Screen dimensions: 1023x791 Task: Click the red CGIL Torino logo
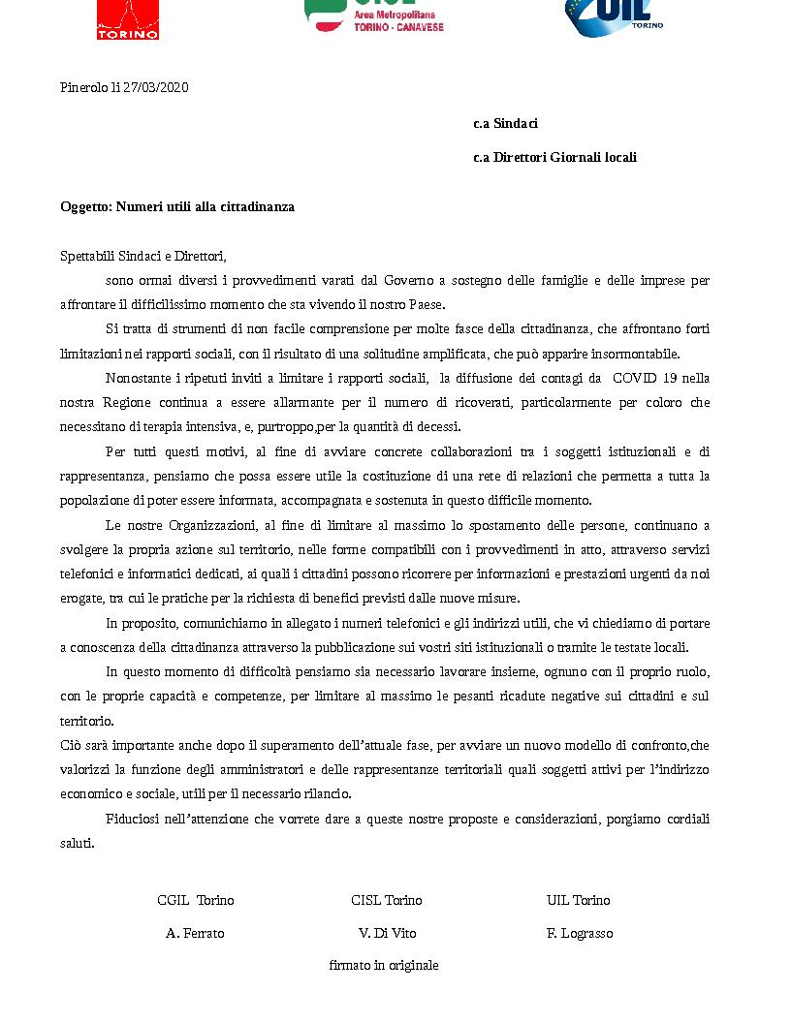coord(128,18)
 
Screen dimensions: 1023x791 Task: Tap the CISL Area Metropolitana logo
coord(374,16)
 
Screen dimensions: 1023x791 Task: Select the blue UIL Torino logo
coord(613,16)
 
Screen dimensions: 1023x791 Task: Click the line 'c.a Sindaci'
coord(505,123)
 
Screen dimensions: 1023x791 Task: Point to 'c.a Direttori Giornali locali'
coord(554,157)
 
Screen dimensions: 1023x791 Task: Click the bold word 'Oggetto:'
coord(86,206)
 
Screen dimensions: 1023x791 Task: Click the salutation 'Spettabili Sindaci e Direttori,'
coord(142,257)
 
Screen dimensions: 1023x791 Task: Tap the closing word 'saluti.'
coord(78,843)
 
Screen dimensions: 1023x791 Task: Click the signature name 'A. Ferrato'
coord(195,933)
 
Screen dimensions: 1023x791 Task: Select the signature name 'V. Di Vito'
coord(387,933)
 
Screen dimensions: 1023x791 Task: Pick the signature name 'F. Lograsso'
coord(579,933)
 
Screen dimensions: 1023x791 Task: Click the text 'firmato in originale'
coord(384,965)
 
